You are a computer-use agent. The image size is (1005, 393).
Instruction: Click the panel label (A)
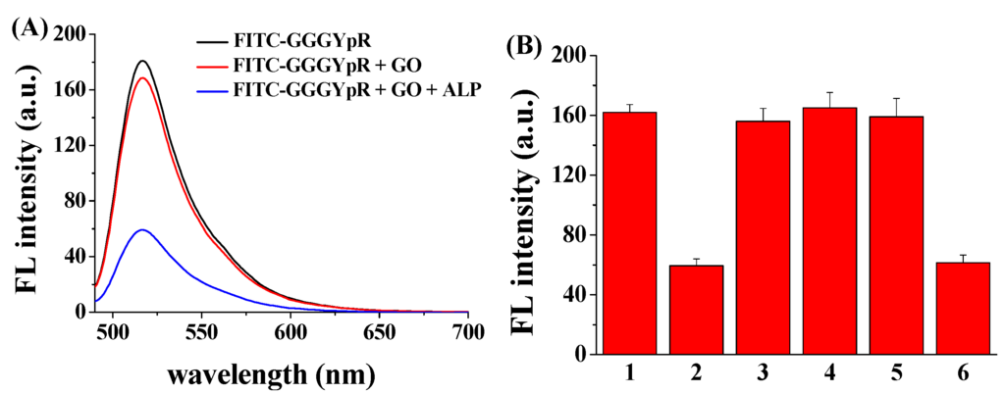[x=28, y=28]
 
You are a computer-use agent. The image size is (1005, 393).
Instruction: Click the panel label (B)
[x=526, y=45]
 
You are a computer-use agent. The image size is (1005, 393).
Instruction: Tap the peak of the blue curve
[x=143, y=230]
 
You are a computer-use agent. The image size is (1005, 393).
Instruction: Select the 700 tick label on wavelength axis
[x=468, y=331]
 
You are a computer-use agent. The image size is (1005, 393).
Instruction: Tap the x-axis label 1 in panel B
[x=630, y=375]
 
